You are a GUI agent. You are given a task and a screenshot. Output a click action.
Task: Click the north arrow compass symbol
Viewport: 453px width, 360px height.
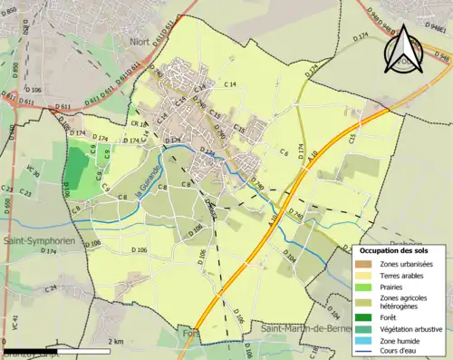point(401,51)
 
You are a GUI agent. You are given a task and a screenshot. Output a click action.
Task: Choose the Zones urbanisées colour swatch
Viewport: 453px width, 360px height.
point(363,264)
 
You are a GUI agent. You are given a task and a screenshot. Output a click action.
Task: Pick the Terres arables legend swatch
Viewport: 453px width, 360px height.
point(363,275)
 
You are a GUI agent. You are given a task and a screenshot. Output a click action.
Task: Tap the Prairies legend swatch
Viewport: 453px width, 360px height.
point(363,287)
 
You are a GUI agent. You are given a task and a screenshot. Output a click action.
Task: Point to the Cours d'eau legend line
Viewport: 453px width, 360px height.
point(363,351)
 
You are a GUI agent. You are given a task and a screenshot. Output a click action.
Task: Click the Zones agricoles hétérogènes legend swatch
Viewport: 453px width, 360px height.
point(363,301)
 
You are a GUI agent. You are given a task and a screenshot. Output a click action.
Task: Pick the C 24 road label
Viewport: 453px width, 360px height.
point(52,287)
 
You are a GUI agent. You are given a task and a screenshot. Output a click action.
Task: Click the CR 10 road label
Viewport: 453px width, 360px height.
point(136,124)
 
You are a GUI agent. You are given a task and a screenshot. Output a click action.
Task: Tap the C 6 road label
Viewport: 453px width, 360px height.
point(284,151)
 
